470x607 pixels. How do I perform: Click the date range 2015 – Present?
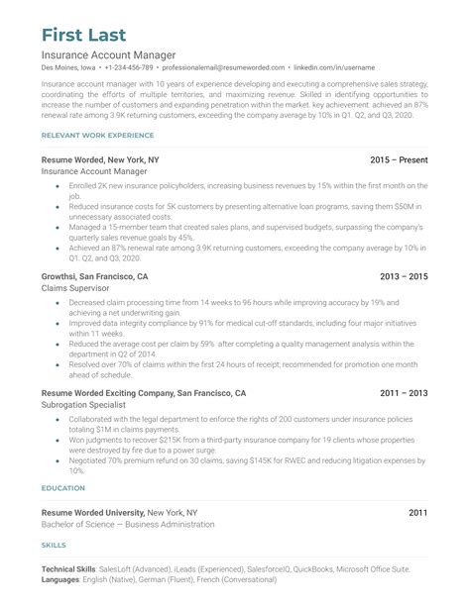click(x=399, y=159)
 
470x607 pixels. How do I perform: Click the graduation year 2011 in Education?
click(x=417, y=513)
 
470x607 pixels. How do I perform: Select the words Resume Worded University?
click(x=92, y=513)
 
